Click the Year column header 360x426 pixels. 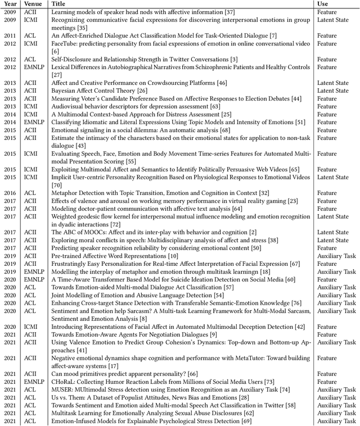pyautogui.click(x=10, y=4)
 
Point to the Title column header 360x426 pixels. pyautogui.click(x=58, y=4)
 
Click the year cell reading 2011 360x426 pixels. pyautogui.click(x=10, y=35)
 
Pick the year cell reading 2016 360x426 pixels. pyautogui.click(x=10, y=192)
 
